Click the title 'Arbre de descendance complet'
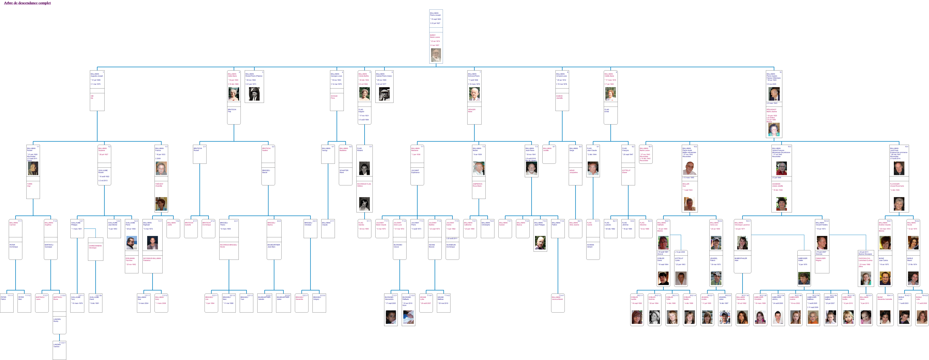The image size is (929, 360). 27,3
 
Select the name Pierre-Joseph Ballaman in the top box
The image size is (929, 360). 435,14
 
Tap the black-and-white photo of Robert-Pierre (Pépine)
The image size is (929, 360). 254,94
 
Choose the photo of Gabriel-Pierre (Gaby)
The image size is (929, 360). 384,94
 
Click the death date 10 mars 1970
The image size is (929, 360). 474,84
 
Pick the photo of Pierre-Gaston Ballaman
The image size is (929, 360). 774,94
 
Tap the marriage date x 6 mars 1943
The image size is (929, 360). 772,103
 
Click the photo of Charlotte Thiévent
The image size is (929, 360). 161,204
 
